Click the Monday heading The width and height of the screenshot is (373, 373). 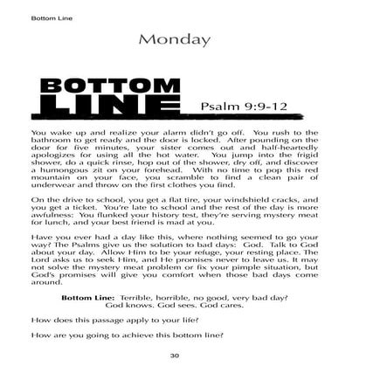pos(186,39)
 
